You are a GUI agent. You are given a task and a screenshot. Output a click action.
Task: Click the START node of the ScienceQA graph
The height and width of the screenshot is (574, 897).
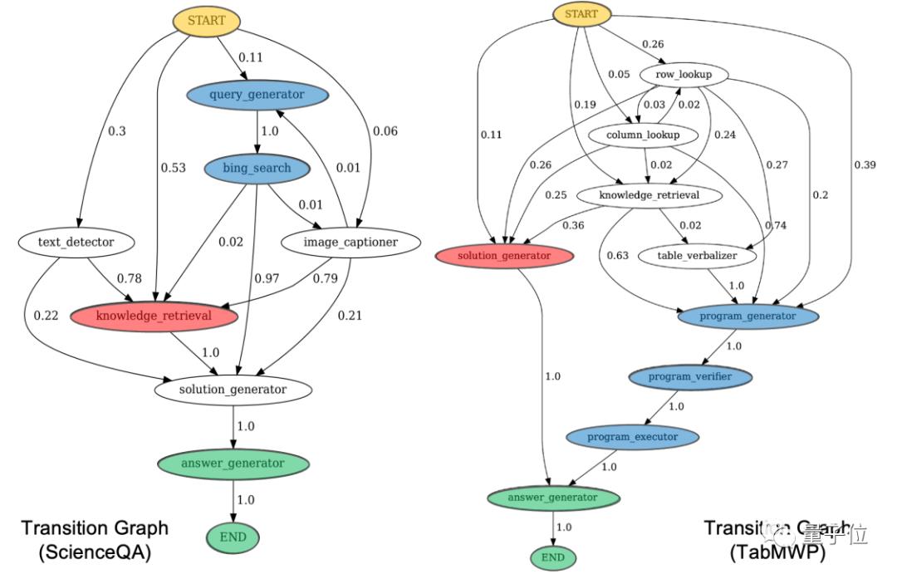point(206,21)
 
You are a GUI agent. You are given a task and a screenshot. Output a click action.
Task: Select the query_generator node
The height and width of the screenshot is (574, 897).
point(257,95)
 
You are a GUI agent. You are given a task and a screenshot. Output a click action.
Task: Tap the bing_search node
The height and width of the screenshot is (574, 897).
point(257,169)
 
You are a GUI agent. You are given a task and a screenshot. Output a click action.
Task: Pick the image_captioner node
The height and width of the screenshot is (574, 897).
point(340,243)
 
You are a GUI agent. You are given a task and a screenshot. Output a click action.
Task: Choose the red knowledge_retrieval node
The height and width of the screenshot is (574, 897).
point(154,316)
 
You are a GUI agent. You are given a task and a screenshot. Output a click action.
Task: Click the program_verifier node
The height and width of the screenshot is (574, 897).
point(689,377)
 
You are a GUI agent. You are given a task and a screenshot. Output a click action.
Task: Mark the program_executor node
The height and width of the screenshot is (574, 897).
point(633,437)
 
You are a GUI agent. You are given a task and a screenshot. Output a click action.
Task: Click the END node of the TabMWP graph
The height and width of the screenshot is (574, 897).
point(552,557)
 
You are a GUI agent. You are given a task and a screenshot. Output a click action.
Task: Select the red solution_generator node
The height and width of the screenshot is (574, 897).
point(504,256)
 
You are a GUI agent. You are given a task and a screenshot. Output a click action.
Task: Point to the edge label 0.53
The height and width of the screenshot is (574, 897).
point(174,169)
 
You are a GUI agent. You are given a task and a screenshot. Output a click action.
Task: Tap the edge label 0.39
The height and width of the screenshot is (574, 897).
point(865,164)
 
